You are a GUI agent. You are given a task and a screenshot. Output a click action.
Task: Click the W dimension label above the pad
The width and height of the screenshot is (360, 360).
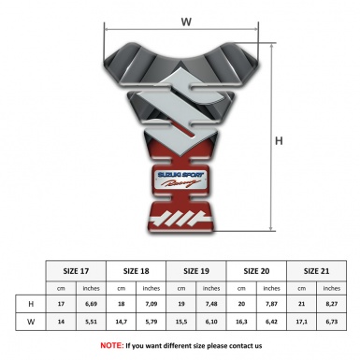pyautogui.click(x=188, y=21)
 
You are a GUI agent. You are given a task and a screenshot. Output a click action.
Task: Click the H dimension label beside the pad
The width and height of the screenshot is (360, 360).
pyautogui.click(x=278, y=141)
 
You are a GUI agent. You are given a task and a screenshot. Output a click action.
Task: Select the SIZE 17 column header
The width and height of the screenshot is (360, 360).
pyautogui.click(x=77, y=269)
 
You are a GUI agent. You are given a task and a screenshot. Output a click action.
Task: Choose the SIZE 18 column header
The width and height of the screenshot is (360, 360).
pyautogui.click(x=137, y=269)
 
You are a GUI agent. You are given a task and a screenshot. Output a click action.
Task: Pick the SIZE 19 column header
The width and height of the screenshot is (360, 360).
pyautogui.click(x=197, y=269)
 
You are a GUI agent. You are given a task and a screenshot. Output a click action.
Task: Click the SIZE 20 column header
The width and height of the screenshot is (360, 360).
pyautogui.click(x=257, y=269)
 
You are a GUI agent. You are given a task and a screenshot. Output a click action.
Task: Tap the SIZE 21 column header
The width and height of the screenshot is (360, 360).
pyautogui.click(x=317, y=269)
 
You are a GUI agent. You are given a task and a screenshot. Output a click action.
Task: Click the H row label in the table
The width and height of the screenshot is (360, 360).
pyautogui.click(x=31, y=305)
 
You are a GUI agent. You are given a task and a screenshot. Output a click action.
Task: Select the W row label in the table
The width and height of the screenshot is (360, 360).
pyautogui.click(x=31, y=323)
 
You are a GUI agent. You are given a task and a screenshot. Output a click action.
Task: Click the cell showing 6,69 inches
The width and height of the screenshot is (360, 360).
pyautogui.click(x=92, y=305)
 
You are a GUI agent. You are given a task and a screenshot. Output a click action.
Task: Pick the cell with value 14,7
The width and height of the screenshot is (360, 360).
pyautogui.click(x=122, y=323)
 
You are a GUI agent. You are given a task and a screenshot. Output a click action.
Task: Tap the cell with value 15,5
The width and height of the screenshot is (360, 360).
pyautogui.click(x=182, y=323)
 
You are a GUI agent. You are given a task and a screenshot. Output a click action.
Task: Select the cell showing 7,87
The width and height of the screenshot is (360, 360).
pyautogui.click(x=272, y=305)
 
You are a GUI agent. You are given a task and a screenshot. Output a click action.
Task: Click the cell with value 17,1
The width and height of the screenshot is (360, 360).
pyautogui.click(x=302, y=323)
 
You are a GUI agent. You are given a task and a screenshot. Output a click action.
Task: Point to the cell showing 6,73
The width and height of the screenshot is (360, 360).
pyautogui.click(x=332, y=323)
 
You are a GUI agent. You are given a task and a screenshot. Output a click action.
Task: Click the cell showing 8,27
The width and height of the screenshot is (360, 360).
pyautogui.click(x=332, y=305)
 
